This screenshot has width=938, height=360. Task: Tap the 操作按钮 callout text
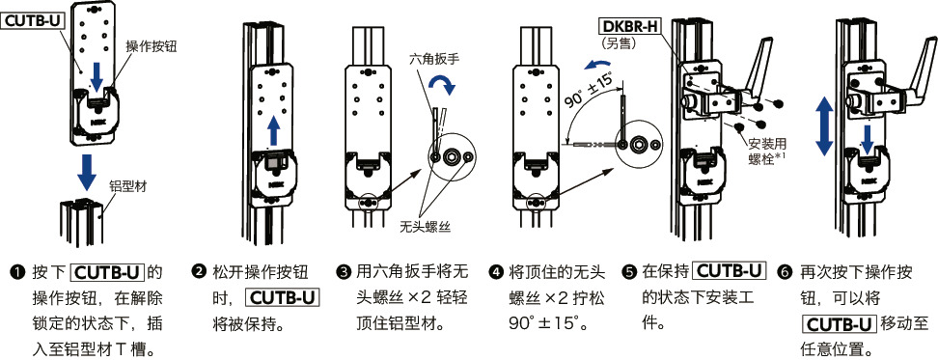(x=152, y=45)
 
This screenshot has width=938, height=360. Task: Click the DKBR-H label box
(x=630, y=26)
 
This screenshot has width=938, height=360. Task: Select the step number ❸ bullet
(x=344, y=272)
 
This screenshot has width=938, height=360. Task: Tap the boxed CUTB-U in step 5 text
(x=729, y=272)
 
